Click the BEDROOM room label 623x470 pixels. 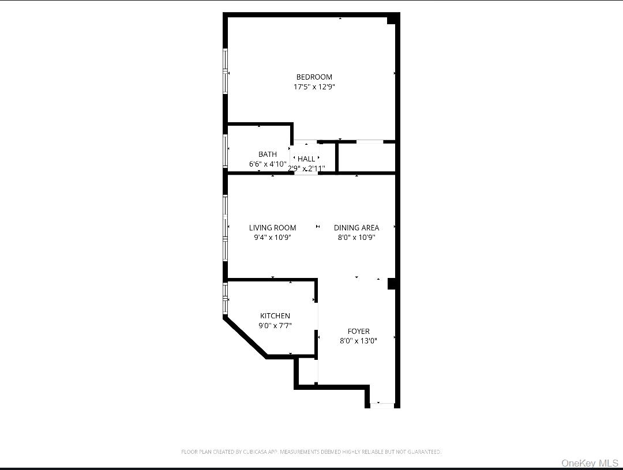click(314, 77)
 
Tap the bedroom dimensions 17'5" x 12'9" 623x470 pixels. click(314, 87)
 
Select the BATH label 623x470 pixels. click(267, 154)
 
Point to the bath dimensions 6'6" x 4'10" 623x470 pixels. click(267, 164)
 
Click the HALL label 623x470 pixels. click(306, 159)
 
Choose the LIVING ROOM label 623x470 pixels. click(272, 228)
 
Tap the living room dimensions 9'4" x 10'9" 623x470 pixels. click(272, 237)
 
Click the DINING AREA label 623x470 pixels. click(356, 228)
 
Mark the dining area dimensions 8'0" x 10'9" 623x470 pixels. click(356, 237)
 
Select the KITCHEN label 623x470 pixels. click(275, 316)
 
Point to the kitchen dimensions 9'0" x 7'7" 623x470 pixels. click(275, 325)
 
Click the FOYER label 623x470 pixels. click(358, 331)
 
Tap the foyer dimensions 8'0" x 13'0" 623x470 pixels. click(358, 341)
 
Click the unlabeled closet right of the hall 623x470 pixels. click(366, 157)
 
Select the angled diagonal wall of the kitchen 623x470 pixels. click(246, 337)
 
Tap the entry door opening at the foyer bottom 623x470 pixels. click(382, 405)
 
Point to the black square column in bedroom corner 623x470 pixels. click(392, 20)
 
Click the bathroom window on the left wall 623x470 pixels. click(226, 151)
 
